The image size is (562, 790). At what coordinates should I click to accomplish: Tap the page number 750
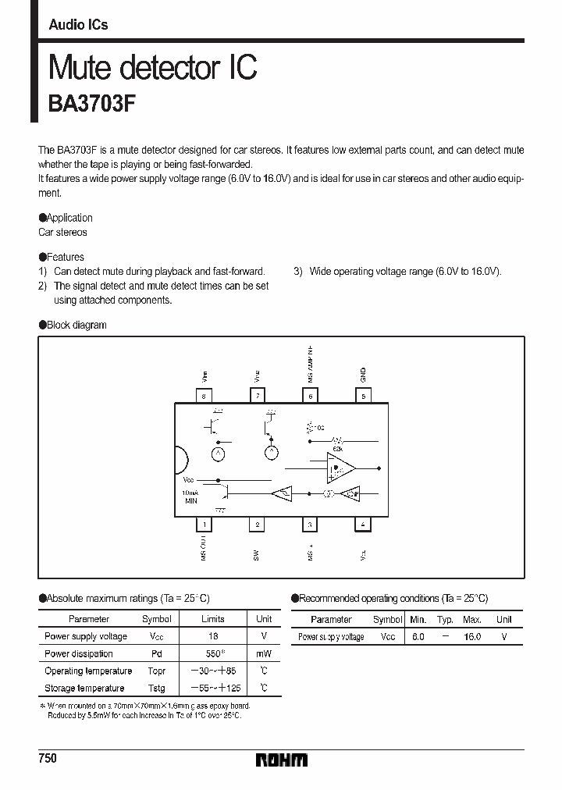(48, 759)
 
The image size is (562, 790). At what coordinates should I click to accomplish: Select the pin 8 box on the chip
(203, 397)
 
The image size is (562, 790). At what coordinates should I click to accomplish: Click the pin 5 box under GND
(363, 397)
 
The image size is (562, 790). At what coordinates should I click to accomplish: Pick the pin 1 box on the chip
(203, 525)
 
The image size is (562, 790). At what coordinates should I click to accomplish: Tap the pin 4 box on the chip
(363, 525)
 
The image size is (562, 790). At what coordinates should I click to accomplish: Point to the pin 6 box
(310, 397)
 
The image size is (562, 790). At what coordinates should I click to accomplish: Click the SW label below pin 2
(257, 553)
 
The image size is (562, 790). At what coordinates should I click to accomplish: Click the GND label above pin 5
(363, 374)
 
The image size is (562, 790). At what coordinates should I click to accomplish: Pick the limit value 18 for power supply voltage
(213, 637)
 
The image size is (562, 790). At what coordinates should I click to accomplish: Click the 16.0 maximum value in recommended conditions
(471, 637)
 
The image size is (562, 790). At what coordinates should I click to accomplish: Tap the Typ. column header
(445, 619)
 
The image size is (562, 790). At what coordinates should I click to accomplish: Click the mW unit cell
(264, 654)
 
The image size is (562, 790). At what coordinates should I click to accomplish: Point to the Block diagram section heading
(76, 325)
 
